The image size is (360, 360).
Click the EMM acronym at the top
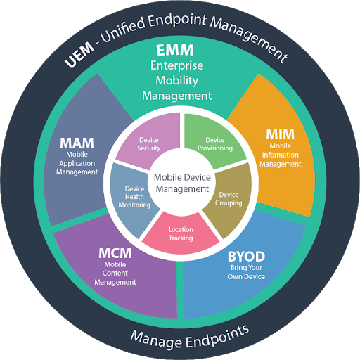tap(176, 51)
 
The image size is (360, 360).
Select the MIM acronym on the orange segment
tap(280, 134)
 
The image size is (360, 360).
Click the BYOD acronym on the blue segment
tap(245, 255)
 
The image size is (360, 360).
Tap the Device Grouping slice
tap(230, 198)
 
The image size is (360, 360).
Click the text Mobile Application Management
tap(77, 163)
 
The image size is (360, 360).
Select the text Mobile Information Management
tap(280, 155)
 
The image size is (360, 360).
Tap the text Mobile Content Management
tap(114, 274)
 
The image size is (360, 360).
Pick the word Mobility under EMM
tap(176, 79)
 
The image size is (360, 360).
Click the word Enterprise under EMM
tap(176, 65)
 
